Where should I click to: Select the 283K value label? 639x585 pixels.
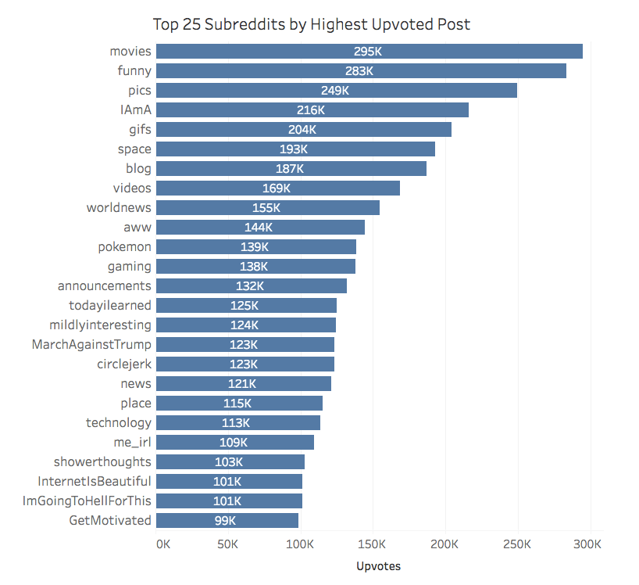tap(359, 71)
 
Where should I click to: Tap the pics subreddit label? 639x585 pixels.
tap(140, 91)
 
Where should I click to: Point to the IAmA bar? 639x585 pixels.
tap(391, 110)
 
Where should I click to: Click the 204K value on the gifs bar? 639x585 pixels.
tap(302, 130)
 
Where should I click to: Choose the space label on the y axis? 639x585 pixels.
tap(134, 149)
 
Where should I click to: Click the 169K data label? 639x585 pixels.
tap(277, 188)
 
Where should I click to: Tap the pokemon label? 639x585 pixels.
tap(125, 247)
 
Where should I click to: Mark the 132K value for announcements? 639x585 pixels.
tap(250, 286)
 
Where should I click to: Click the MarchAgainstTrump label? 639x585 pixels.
tap(91, 345)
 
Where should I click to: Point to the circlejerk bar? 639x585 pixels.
tap(297, 364)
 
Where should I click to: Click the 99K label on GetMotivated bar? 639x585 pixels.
tap(225, 521)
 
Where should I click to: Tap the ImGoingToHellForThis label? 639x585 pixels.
tap(87, 501)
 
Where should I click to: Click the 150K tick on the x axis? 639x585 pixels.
tap(373, 544)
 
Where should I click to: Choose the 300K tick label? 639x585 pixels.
tap(587, 544)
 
